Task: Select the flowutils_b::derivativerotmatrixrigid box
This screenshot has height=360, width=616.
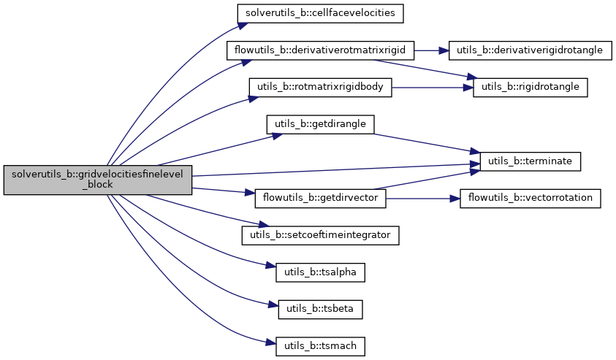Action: click(x=321, y=51)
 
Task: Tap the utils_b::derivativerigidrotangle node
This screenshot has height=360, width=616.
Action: click(x=529, y=51)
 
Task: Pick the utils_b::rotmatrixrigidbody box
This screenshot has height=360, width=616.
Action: click(x=321, y=87)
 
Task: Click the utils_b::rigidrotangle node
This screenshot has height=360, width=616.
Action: click(x=530, y=87)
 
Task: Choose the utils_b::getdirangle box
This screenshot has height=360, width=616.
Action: click(x=320, y=124)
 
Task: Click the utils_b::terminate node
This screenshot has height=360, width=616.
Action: click(x=530, y=161)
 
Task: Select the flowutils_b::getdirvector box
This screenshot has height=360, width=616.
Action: click(x=320, y=199)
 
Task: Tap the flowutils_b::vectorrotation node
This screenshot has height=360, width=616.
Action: click(x=530, y=199)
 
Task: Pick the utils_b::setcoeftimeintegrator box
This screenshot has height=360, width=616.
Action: click(x=320, y=235)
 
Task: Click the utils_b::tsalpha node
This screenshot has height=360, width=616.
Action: click(x=320, y=272)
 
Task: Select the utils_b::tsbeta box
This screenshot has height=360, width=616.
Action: click(x=320, y=308)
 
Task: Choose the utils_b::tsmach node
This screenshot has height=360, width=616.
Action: click(x=320, y=345)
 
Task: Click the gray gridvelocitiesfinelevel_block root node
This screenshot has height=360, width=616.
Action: click(x=97, y=179)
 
